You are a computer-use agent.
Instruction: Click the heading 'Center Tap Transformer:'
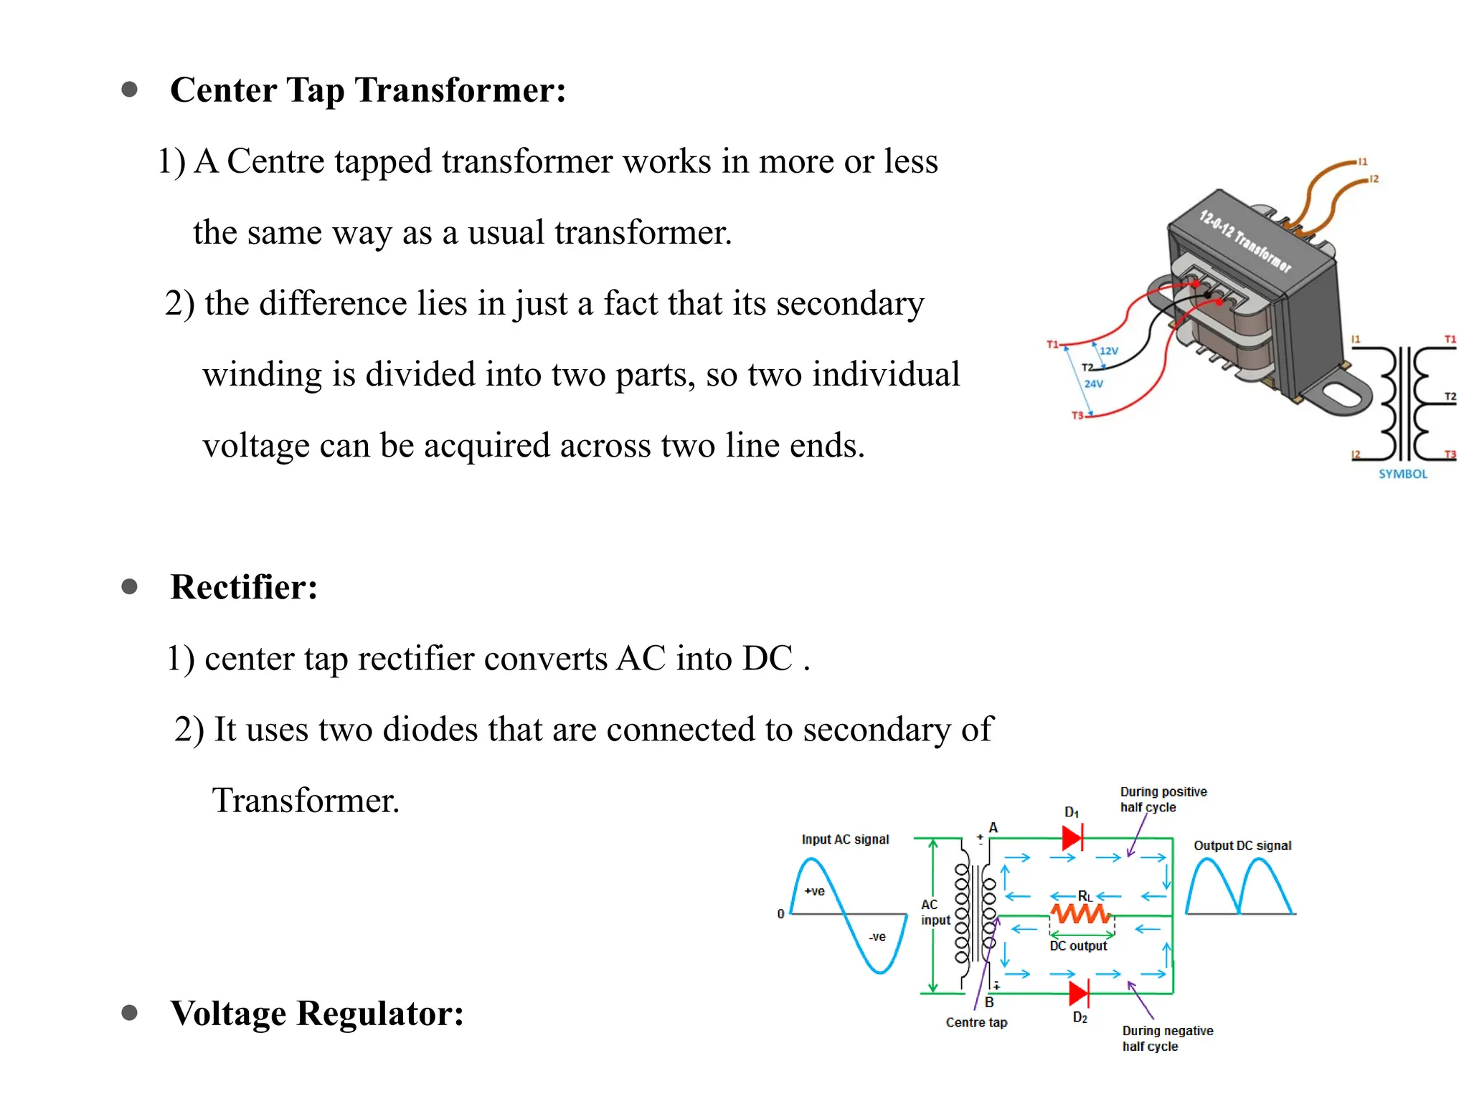pyautogui.click(x=367, y=90)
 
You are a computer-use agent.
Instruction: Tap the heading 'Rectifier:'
pyautogui.click(x=244, y=587)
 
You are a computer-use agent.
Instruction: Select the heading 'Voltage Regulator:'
pyautogui.click(x=316, y=1013)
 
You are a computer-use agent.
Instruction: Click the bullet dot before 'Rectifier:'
pyautogui.click(x=130, y=587)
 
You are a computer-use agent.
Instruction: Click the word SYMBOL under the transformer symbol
pyautogui.click(x=1402, y=474)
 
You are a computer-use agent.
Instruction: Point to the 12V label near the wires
pyautogui.click(x=1108, y=351)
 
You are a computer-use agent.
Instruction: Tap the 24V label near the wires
pyautogui.click(x=1093, y=384)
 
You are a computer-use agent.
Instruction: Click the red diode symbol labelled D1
pyautogui.click(x=1072, y=837)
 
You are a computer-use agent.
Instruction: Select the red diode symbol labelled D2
pyautogui.click(x=1079, y=993)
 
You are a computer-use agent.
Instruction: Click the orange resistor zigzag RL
pyautogui.click(x=1080, y=914)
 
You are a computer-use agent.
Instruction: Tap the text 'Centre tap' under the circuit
pyautogui.click(x=976, y=1023)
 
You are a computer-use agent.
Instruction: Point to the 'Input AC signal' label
pyautogui.click(x=845, y=839)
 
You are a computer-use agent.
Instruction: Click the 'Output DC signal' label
pyautogui.click(x=1242, y=846)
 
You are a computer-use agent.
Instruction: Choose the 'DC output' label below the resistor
pyautogui.click(x=1078, y=946)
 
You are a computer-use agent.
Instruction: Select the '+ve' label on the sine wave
pyautogui.click(x=814, y=892)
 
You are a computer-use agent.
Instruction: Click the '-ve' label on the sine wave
pyautogui.click(x=877, y=937)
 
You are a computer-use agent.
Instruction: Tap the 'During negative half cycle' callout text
pyautogui.click(x=1167, y=1038)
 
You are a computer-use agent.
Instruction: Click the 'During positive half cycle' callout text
pyautogui.click(x=1163, y=799)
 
